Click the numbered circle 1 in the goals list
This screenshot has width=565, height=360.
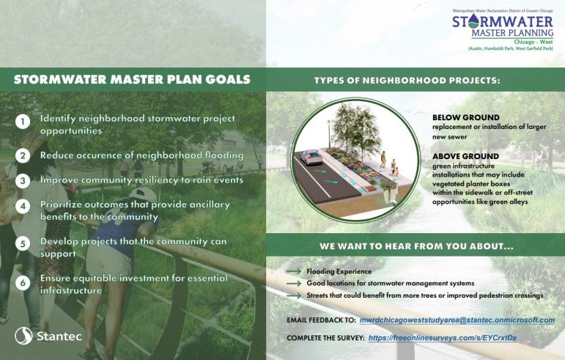22,122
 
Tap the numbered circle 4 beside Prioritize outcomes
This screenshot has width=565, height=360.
22,207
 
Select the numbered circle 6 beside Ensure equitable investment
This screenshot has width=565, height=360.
22,283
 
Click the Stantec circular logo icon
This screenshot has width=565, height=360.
23,336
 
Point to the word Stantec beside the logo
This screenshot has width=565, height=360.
59,337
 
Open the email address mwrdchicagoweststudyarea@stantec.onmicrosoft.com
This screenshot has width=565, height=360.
457,320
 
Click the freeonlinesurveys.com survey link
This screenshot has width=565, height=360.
443,338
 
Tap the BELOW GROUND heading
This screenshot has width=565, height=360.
466,117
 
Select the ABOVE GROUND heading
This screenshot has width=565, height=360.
465,156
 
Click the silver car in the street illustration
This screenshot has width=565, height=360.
311,157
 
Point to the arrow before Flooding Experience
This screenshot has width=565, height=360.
294,271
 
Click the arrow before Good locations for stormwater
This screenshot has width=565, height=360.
294,284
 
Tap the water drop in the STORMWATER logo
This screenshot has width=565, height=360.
470,22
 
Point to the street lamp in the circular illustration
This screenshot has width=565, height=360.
328,134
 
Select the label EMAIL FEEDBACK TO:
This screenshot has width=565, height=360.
322,320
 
